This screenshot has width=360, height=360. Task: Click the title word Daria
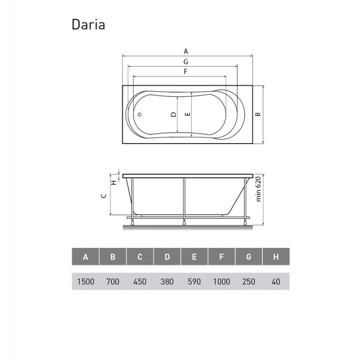coord(88,25)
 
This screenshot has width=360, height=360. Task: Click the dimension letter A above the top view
coord(186,51)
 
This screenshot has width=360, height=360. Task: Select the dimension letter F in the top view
coord(186,72)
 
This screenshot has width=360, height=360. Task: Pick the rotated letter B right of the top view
coord(257,114)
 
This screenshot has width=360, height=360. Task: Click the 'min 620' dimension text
coord(258,190)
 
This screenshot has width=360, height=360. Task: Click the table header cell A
coord(86,257)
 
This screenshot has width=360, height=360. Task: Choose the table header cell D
coord(167,257)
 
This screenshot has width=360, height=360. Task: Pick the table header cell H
coord(276,257)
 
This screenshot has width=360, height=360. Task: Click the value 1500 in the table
coord(86,281)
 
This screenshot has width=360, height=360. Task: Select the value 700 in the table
coord(113,281)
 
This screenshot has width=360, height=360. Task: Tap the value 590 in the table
coord(194,281)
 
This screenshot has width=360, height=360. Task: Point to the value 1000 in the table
coord(222,281)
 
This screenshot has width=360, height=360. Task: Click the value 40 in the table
coord(276,281)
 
